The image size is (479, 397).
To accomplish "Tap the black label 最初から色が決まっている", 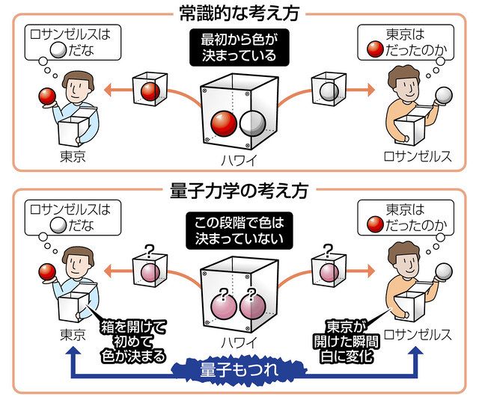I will click(239, 47).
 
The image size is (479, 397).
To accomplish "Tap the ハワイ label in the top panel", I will click(239, 159).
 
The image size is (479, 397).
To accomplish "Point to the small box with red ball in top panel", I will click(150, 90).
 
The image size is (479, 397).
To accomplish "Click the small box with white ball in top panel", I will click(327, 90).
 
